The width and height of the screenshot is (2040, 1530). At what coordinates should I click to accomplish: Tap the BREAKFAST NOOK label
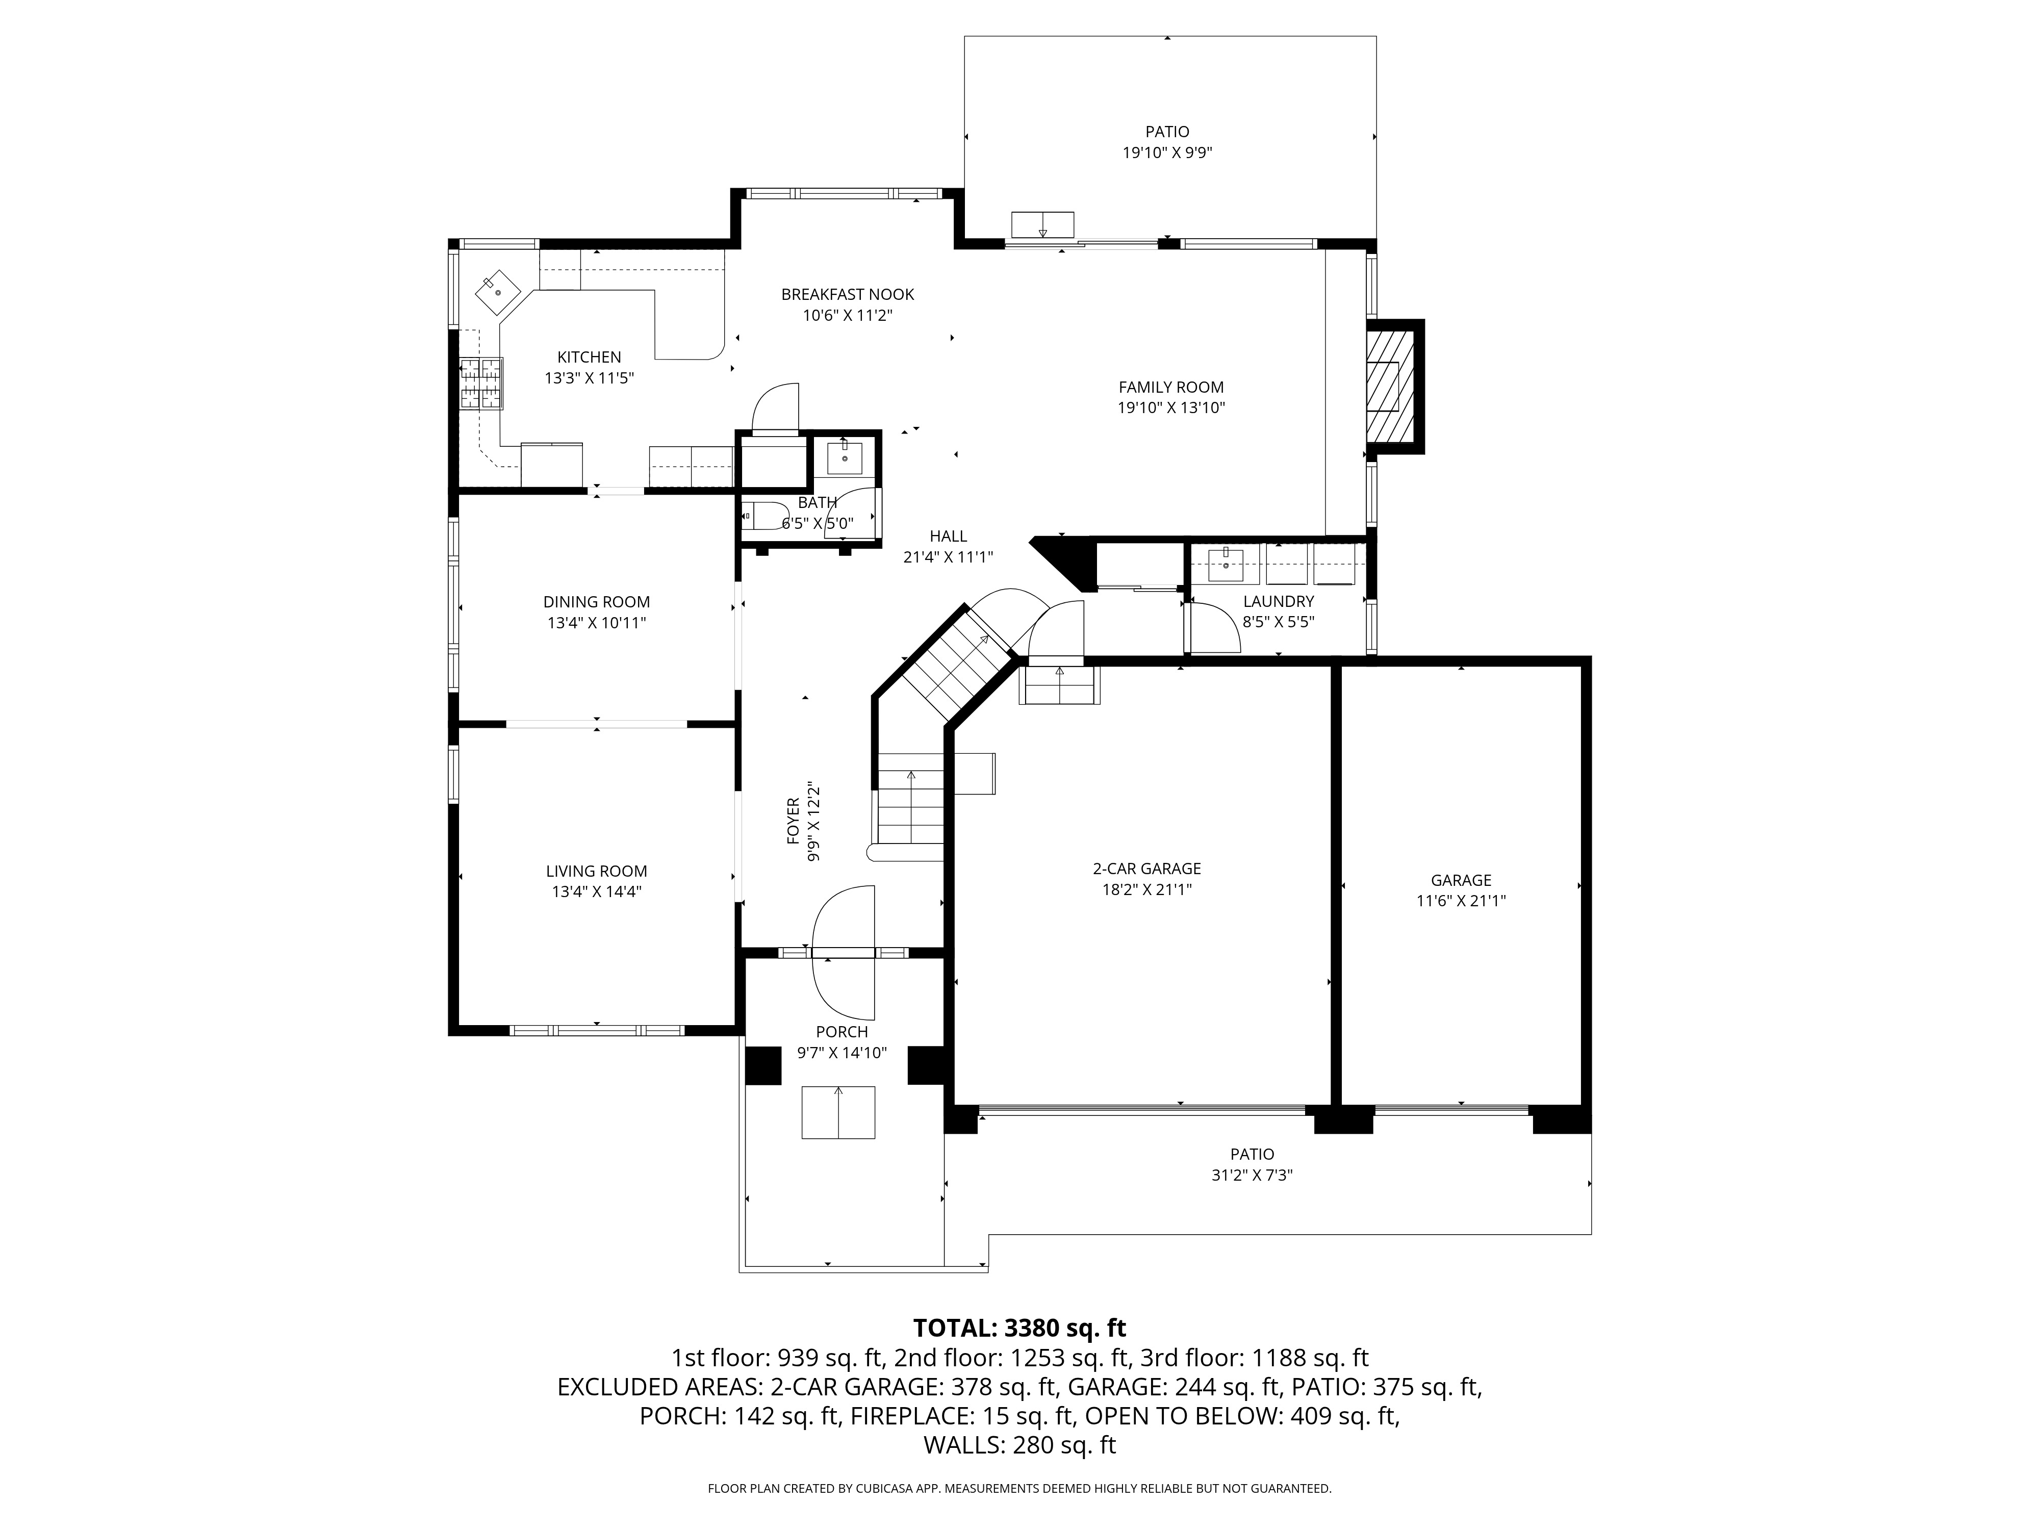tap(847, 294)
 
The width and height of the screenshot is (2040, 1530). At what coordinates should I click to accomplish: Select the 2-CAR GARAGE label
tap(1146, 869)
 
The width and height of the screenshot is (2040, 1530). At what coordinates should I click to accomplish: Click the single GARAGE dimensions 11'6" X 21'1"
tap(1461, 901)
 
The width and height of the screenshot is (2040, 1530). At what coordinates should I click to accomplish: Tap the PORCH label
tap(841, 1032)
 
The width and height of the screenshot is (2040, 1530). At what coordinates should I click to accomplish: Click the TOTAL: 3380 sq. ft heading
tap(1019, 1328)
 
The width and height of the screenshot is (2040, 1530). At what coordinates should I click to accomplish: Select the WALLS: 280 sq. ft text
tap(1019, 1445)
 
